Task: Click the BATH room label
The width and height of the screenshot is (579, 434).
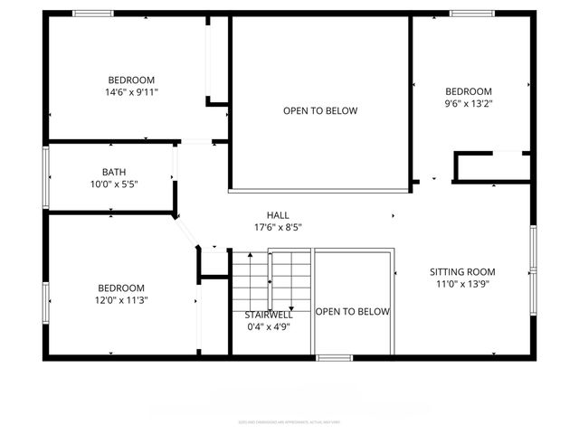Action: pyautogui.click(x=114, y=172)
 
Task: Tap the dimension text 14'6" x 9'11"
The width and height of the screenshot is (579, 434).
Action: pyautogui.click(x=131, y=92)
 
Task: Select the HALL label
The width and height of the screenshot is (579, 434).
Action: pyautogui.click(x=278, y=214)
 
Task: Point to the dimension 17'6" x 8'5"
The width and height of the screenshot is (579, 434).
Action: pyautogui.click(x=278, y=227)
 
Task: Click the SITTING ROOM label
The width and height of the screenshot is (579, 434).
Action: pyautogui.click(x=462, y=271)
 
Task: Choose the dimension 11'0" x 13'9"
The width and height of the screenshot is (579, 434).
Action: pyautogui.click(x=462, y=284)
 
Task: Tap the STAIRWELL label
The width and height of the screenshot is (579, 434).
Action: pyautogui.click(x=269, y=315)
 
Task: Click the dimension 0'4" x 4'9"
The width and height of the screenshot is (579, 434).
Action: pyautogui.click(x=268, y=327)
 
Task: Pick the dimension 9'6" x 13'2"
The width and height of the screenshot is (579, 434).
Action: pyautogui.click(x=469, y=104)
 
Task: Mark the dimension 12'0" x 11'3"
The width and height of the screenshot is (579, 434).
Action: pyautogui.click(x=122, y=301)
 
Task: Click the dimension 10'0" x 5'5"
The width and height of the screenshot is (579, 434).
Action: pyautogui.click(x=114, y=184)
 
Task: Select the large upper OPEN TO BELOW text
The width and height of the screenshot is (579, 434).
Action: pyautogui.click(x=320, y=111)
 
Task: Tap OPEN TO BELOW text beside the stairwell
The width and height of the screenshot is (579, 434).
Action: pyautogui.click(x=353, y=311)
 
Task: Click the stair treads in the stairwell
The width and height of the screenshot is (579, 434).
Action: pyautogui.click(x=271, y=276)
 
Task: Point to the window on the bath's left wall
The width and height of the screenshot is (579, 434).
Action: pyautogui.click(x=45, y=178)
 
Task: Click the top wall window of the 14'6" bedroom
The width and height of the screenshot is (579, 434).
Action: pyautogui.click(x=92, y=13)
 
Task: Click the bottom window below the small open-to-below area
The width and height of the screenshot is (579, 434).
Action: pyautogui.click(x=334, y=358)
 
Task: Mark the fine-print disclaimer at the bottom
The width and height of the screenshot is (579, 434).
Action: pyautogui.click(x=289, y=420)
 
